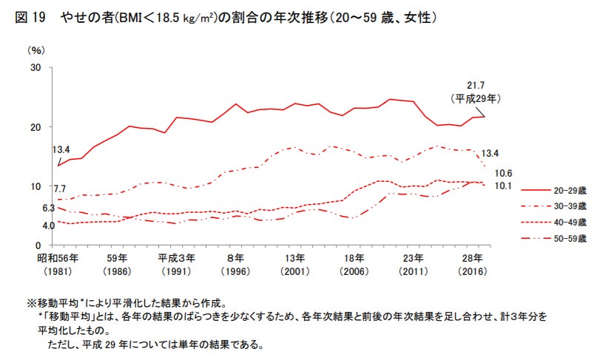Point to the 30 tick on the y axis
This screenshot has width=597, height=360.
click(35, 68)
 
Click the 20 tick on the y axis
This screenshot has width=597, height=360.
click(35, 127)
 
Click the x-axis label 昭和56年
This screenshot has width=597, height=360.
click(58, 258)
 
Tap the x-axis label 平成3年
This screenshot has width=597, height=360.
click(176, 258)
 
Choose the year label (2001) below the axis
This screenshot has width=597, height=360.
click(294, 272)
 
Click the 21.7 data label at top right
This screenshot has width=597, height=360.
click(475, 85)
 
